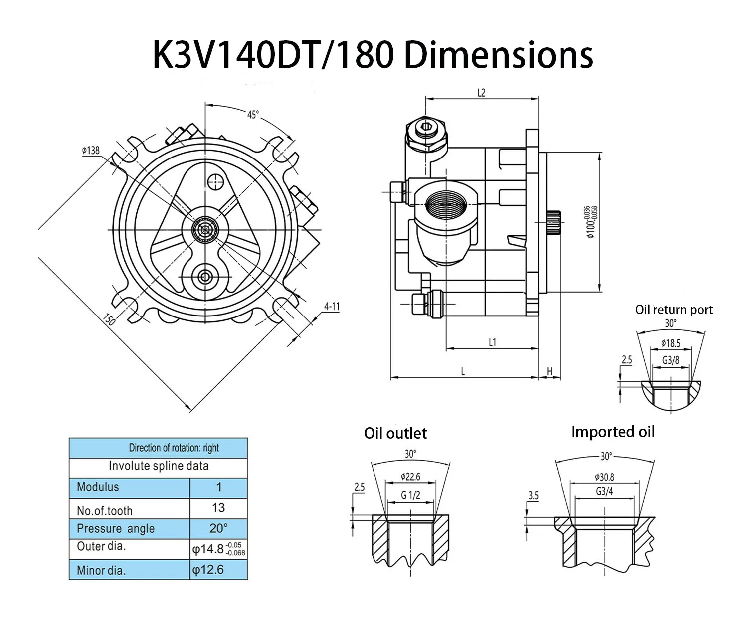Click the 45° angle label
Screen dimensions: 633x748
coord(253,115)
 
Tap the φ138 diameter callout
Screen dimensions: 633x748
coord(91,150)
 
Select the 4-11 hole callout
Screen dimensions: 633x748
coord(332,306)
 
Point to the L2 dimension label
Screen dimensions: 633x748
coord(481,93)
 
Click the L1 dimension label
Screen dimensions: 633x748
coord(492,342)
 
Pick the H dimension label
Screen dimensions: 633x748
coord(550,371)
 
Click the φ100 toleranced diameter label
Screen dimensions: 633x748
coord(592,222)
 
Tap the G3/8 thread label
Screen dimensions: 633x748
coord(671,360)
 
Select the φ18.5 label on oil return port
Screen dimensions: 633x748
coord(671,343)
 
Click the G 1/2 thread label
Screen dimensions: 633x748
coord(410,495)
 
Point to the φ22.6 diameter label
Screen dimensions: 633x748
coord(410,477)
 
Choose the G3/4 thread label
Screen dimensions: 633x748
coord(604,492)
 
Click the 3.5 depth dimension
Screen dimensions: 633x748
coord(533,495)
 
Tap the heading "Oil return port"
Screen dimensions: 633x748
coord(674,310)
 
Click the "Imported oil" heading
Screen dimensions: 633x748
coord(613,432)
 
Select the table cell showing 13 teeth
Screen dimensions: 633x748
coord(218,508)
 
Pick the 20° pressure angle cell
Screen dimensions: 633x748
coord(218,528)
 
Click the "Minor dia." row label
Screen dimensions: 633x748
coord(101,570)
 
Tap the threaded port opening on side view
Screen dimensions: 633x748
coord(446,203)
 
